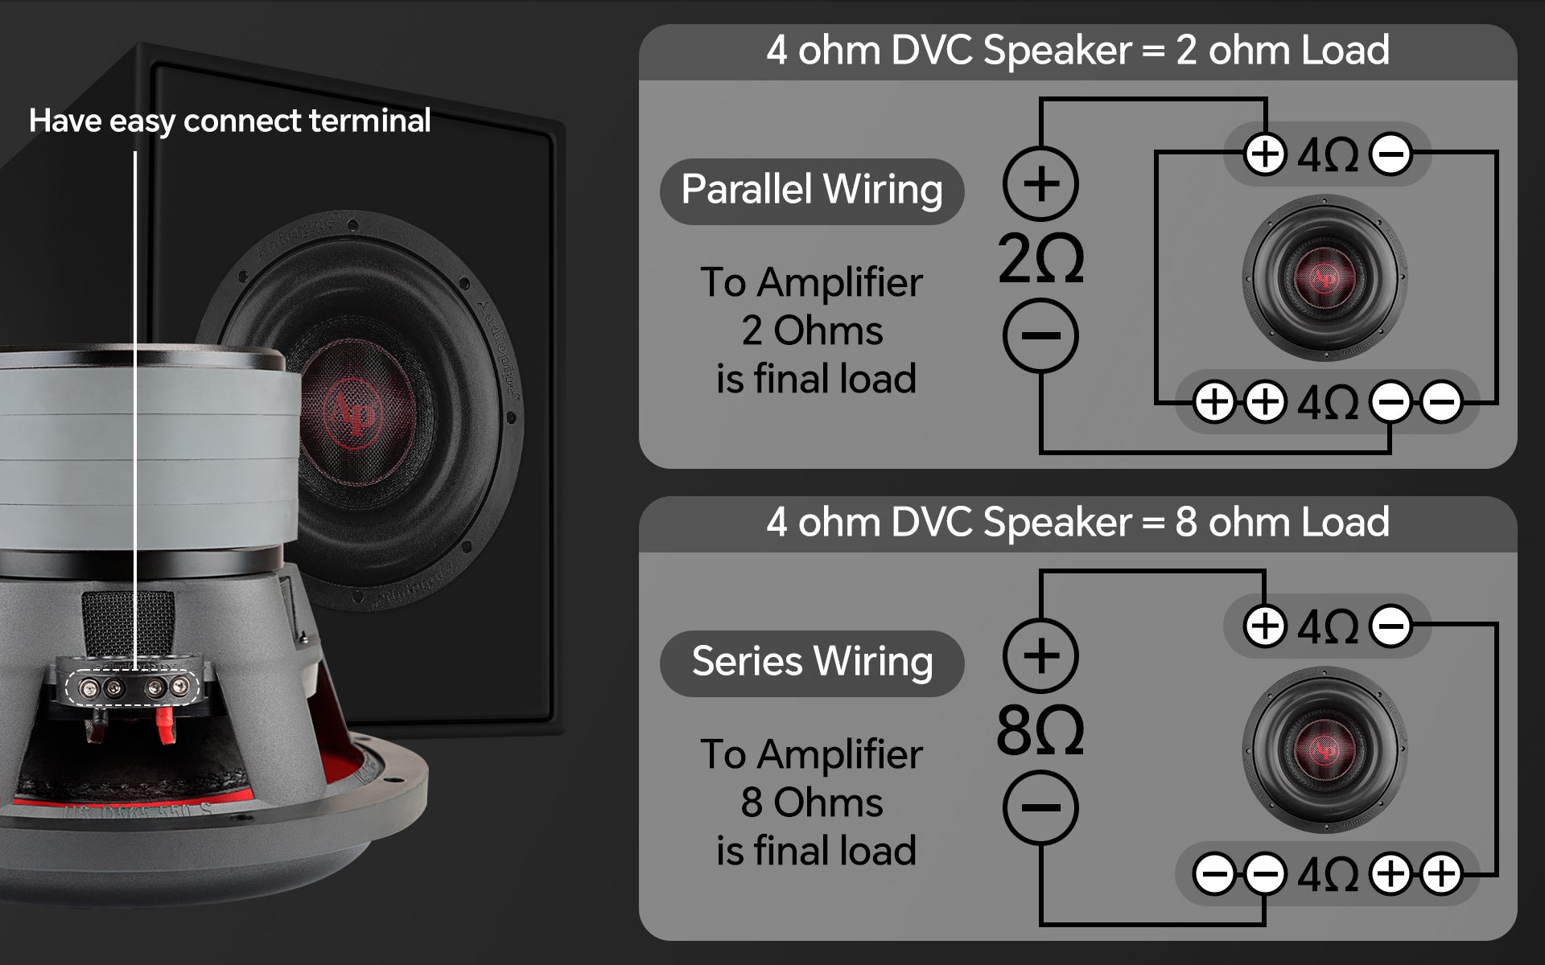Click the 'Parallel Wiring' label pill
point(812,191)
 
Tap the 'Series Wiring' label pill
point(812,663)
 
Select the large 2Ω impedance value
point(1040,259)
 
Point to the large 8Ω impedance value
point(1040,731)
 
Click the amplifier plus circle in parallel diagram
point(1040,183)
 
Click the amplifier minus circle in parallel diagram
point(1040,335)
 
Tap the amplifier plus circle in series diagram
point(1040,655)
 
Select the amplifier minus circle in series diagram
point(1040,807)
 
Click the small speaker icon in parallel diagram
point(1325,277)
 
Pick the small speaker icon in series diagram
point(1325,749)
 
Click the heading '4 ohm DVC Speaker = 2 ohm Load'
point(1077,50)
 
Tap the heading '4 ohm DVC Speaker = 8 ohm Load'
point(1077,522)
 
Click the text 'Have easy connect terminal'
point(230,121)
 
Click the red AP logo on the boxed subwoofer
point(352,412)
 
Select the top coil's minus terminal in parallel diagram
point(1390,153)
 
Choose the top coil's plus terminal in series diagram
point(1265,626)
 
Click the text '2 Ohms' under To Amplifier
point(812,331)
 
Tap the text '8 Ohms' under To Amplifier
point(812,803)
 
